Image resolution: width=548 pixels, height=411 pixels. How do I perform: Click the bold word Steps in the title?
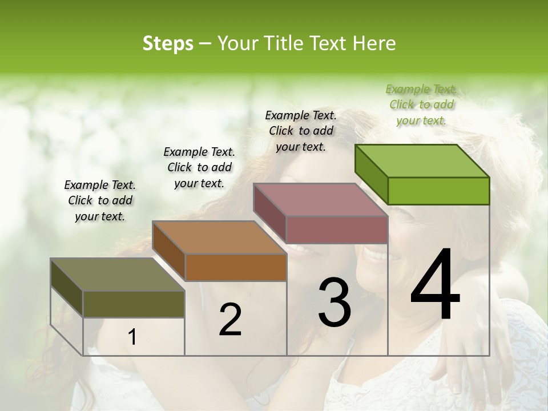(168, 43)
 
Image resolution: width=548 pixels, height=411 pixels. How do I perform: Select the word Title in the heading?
(285, 43)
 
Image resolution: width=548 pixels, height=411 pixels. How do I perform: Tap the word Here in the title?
(374, 43)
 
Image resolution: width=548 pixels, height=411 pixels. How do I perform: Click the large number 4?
(435, 285)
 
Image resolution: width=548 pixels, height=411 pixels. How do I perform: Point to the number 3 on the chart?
(334, 303)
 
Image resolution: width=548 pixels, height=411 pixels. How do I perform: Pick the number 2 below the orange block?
(230, 320)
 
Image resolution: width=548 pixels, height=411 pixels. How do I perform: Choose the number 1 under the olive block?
(132, 337)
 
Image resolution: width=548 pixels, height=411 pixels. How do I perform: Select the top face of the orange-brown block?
(219, 237)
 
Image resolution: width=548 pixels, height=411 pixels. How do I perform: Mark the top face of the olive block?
(118, 275)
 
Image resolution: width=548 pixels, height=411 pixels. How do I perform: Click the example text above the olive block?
(100, 200)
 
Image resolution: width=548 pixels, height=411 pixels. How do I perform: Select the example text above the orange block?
(199, 167)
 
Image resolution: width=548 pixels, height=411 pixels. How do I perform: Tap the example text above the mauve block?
(301, 131)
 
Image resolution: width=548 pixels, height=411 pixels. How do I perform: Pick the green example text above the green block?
(421, 104)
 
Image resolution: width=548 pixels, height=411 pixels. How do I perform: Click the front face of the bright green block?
(438, 191)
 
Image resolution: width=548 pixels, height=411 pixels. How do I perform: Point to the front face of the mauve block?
(337, 229)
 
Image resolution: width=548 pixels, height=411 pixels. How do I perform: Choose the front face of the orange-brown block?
(236, 267)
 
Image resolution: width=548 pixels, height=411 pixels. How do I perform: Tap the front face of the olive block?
(134, 304)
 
